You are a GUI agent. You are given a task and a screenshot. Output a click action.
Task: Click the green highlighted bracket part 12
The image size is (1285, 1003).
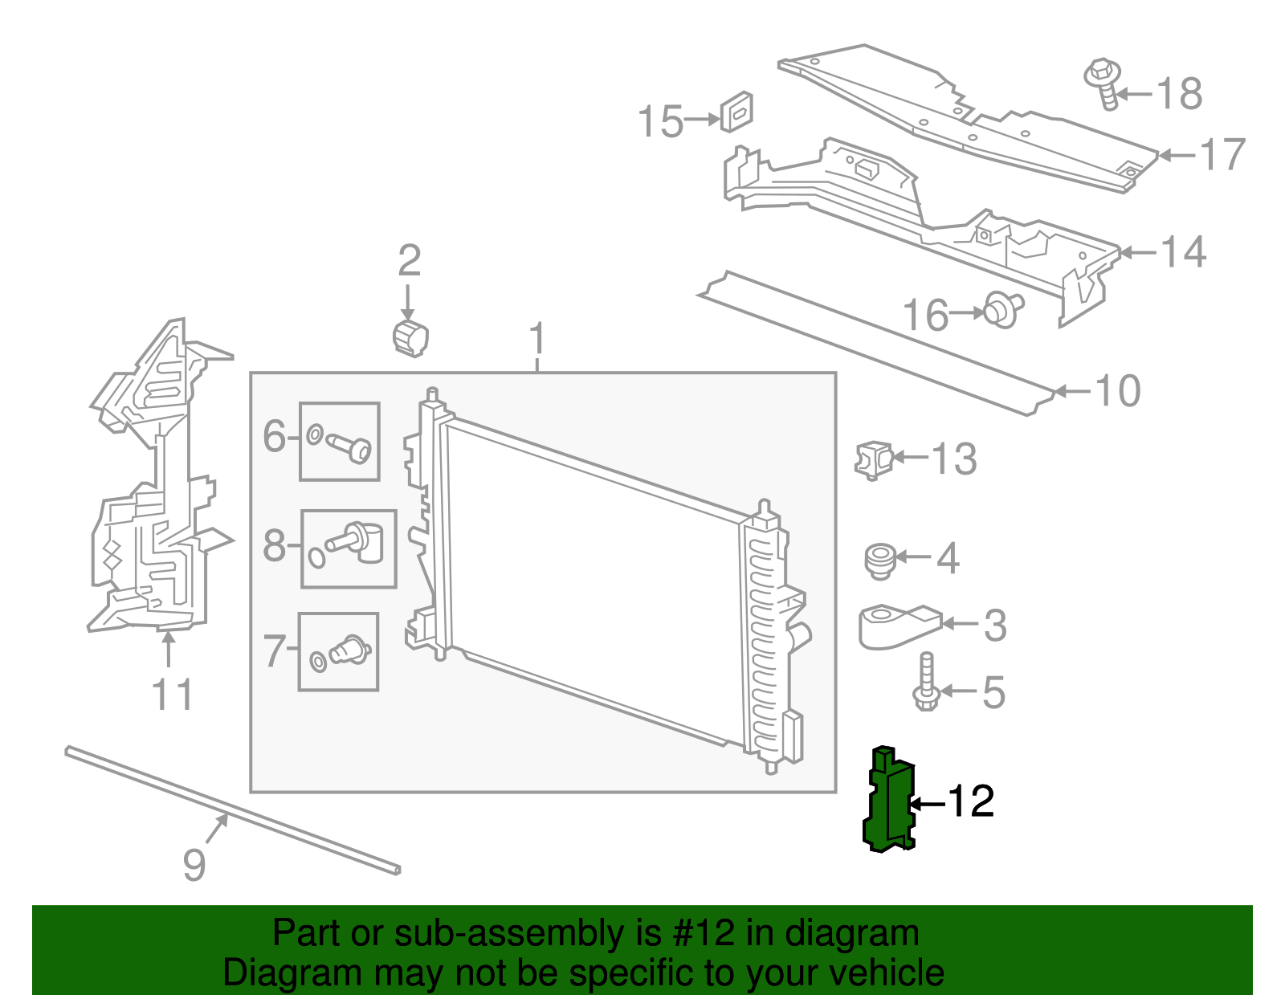coord(890,800)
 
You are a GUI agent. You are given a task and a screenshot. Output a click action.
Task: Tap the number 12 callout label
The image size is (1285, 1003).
coord(971,801)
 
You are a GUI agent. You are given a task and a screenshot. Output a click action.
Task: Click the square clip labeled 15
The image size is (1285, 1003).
coord(736,112)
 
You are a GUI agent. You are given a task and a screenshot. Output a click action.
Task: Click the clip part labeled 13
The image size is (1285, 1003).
coord(874,460)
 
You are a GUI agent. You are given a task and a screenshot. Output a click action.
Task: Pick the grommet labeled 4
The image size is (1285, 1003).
coord(880,559)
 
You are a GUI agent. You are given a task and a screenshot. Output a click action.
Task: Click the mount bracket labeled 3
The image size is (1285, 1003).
coord(895,626)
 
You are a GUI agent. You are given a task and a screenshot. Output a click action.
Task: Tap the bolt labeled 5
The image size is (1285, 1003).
coord(925,683)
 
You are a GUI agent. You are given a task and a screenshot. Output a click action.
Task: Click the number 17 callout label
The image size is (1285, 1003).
coord(1222,155)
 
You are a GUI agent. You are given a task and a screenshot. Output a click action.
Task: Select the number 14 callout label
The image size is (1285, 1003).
coord(1183,253)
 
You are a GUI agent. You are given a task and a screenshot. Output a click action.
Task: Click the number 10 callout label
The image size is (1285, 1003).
coord(1117,392)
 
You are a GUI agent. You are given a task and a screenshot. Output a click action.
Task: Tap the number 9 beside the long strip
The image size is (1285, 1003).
coord(194,865)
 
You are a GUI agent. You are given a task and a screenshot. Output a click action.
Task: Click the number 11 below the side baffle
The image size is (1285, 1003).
coord(173,695)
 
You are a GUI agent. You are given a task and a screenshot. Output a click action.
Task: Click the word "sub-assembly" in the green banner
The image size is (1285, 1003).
coord(508,934)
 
